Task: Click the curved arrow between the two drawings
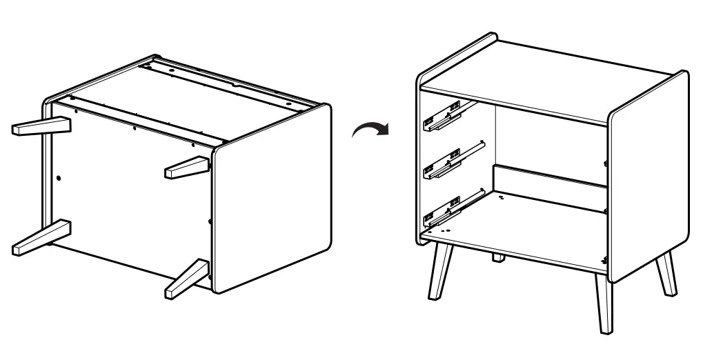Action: point(370,128)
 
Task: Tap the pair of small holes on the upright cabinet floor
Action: point(501,197)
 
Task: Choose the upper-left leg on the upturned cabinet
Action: point(42,126)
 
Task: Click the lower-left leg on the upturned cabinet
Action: point(41,237)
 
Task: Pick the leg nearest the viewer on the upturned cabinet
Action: point(187,278)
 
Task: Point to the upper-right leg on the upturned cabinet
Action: point(186,167)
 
